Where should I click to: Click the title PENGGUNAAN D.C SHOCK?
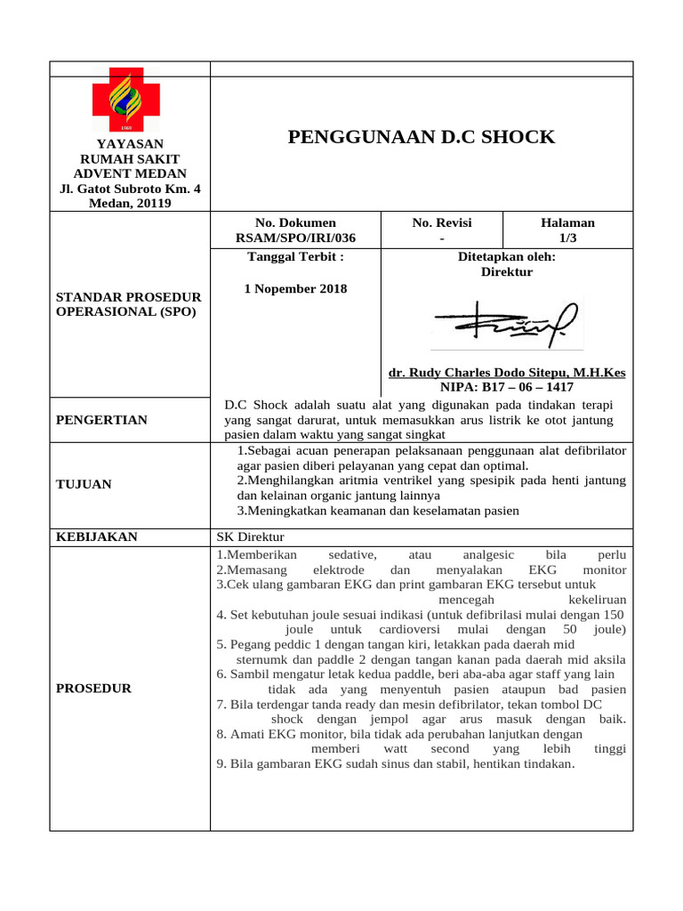point(422,137)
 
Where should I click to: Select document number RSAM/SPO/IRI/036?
point(295,238)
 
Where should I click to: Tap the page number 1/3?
point(567,238)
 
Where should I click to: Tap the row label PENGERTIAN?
point(101,420)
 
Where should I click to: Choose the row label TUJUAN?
point(84,484)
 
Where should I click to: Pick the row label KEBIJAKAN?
point(97,536)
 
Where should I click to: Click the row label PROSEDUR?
point(93,688)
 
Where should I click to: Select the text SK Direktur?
point(250,536)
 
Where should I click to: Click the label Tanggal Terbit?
point(295,257)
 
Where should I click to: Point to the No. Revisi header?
point(442,222)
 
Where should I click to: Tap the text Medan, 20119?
point(130,203)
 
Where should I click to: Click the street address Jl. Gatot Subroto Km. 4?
point(130,189)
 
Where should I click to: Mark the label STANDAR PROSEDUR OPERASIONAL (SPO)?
point(129,304)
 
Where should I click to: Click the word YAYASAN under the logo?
point(130,144)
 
